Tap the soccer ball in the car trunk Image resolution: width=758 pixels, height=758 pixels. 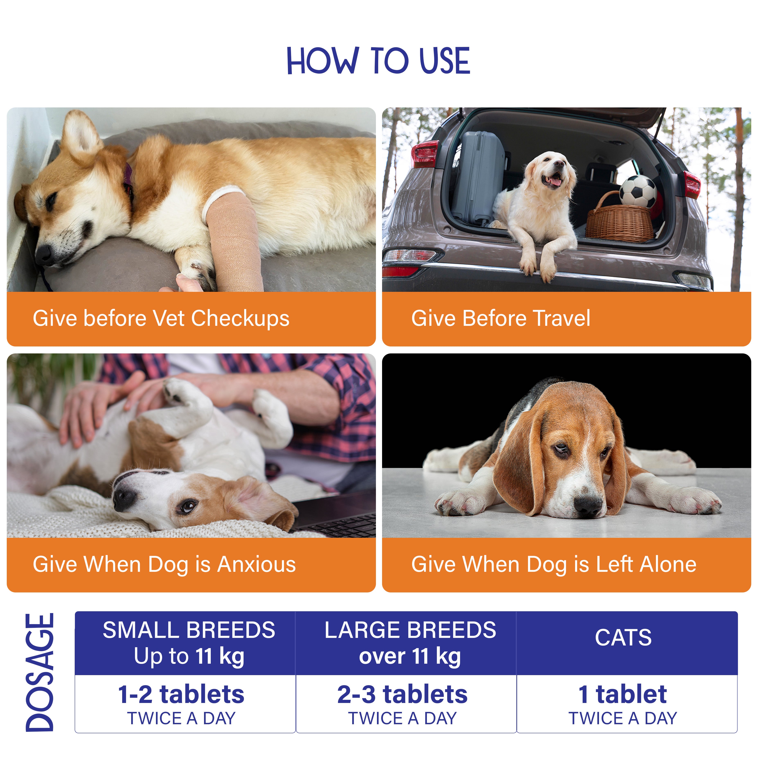638,192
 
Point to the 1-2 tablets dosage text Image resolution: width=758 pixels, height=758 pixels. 181,694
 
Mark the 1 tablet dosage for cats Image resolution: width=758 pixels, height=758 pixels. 623,694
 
